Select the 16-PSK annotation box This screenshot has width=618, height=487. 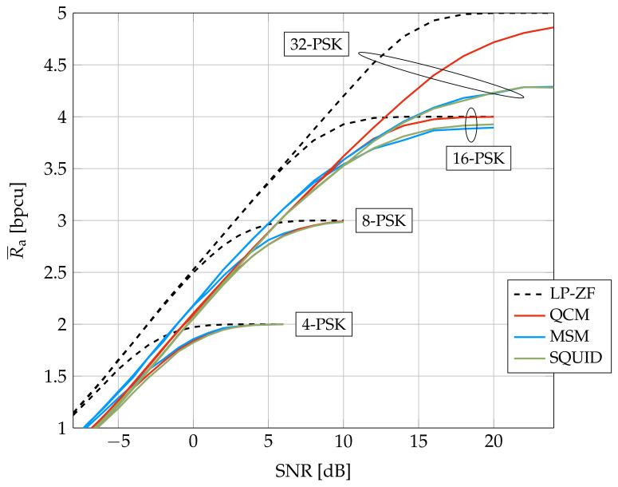coord(478,158)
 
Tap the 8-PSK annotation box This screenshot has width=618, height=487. coord(382,220)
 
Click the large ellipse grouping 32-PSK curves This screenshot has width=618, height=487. coord(440,75)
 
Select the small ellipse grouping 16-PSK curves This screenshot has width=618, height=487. coord(471,122)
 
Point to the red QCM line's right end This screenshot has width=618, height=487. coord(553,28)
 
